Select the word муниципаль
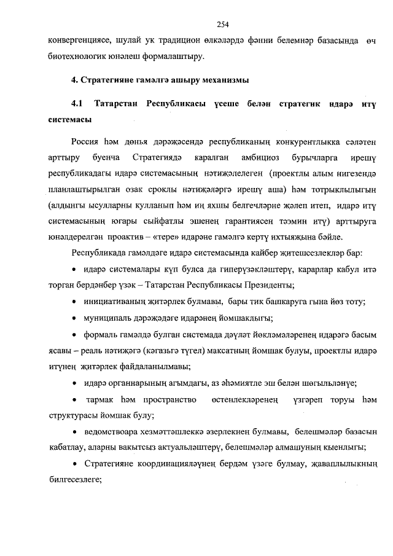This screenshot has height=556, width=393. point(107,318)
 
